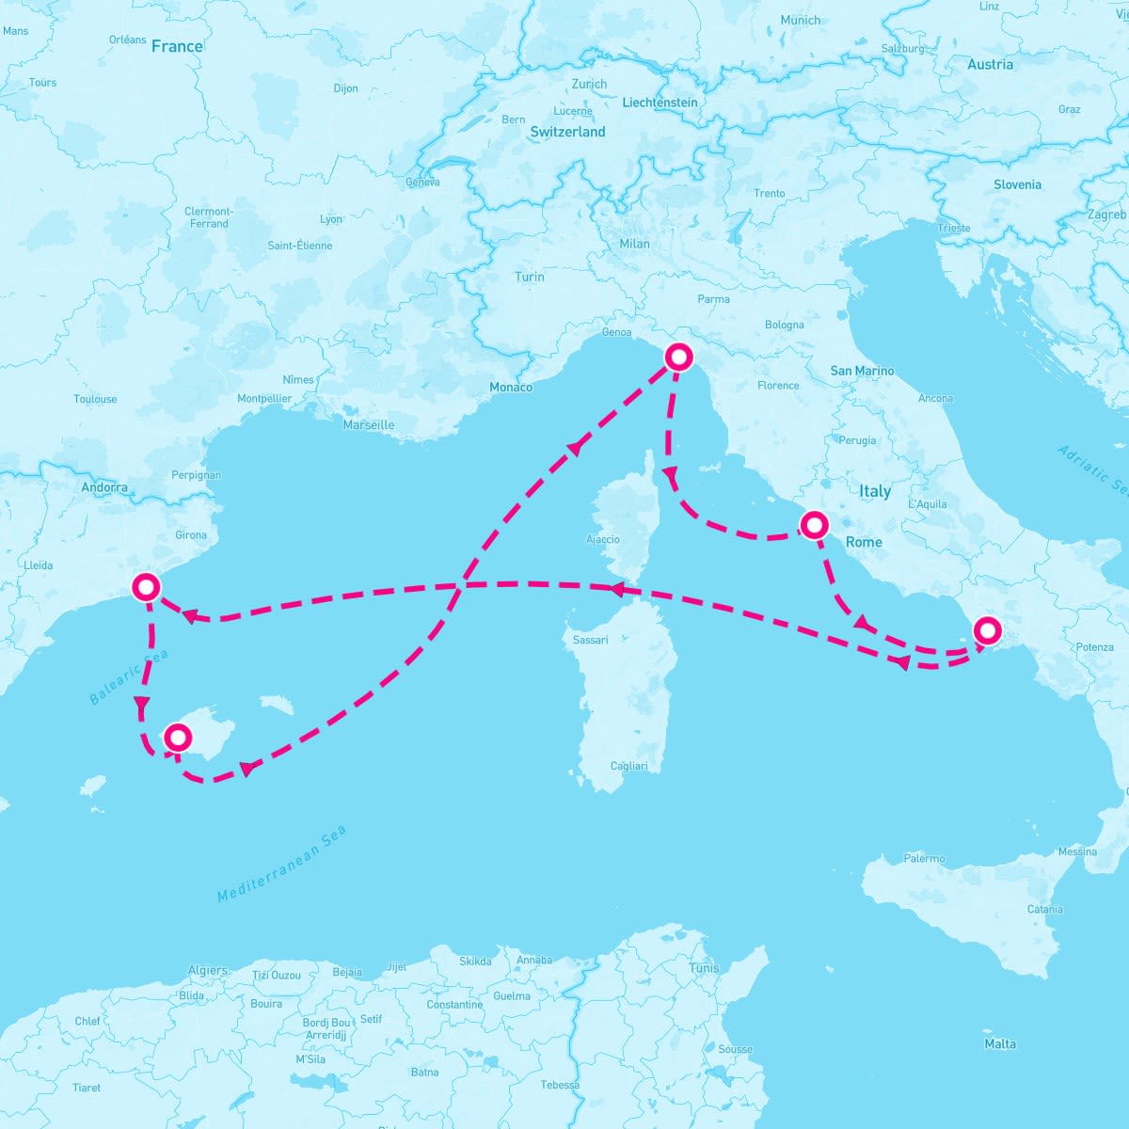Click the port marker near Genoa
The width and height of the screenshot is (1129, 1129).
[678, 358]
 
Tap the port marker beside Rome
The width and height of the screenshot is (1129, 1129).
[814, 525]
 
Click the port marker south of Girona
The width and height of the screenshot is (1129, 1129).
[147, 587]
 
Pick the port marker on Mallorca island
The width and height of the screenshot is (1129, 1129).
[177, 738]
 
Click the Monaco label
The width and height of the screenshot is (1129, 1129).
[511, 388]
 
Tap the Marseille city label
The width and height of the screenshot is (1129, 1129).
[369, 425]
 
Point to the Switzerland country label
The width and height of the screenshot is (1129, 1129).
[567, 133]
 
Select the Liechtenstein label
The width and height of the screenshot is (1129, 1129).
[660, 103]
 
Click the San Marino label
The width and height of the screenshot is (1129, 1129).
[862, 372]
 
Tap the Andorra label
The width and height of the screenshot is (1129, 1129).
[104, 487]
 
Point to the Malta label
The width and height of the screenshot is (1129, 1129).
[1000, 1044]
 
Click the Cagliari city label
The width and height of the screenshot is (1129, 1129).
[628, 766]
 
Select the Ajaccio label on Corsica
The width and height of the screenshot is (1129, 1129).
[603, 540]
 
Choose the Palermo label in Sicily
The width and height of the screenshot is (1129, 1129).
[924, 859]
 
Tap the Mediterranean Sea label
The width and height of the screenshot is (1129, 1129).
[282, 864]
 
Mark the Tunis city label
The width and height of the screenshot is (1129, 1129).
[704, 968]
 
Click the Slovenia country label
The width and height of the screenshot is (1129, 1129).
[1017, 185]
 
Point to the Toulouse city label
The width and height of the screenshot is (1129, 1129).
[95, 400]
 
